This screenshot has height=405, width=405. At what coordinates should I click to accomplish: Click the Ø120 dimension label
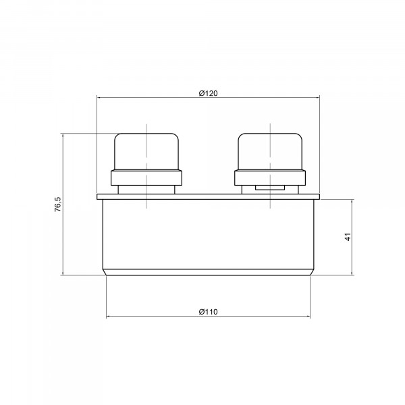[x=208, y=93]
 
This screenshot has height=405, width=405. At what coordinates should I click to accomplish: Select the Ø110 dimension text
[x=208, y=312]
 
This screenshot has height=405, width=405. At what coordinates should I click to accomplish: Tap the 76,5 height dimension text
[x=58, y=205]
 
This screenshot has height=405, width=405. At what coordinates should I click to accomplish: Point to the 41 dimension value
[x=348, y=237]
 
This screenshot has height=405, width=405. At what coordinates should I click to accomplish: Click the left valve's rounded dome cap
[x=146, y=152]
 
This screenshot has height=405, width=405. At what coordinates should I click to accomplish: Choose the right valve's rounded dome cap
[x=270, y=152]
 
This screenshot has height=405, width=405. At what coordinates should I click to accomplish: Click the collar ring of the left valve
[x=146, y=178]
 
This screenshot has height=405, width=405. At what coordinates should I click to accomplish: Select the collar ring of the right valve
[x=270, y=178]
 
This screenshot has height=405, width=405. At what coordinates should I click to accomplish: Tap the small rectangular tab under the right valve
[x=270, y=188]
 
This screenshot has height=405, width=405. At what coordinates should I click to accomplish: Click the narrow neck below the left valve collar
[x=146, y=190]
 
